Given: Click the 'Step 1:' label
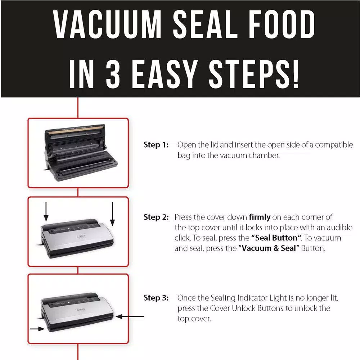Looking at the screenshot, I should (156, 145).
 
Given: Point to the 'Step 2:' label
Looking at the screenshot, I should (156, 217).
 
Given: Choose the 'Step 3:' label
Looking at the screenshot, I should (156, 298).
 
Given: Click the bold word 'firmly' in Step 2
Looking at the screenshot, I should (260, 217).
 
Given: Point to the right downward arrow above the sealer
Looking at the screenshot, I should (113, 214).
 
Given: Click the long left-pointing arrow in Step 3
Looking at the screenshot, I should (130, 316).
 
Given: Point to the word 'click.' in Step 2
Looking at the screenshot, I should (182, 238).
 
